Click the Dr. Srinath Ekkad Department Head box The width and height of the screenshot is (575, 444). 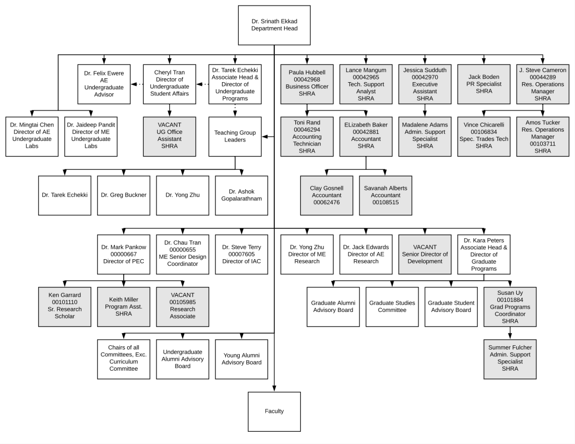point(274,26)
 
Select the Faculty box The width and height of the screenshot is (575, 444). point(274,411)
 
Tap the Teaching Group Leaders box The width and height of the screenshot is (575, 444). point(235,137)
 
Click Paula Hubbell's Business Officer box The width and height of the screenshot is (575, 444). point(307,84)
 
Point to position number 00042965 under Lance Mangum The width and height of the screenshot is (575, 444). point(366,77)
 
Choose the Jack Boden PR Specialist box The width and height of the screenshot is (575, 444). point(483,84)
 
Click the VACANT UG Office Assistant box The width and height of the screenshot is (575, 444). point(169,137)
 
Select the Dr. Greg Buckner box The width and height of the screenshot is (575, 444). point(124,195)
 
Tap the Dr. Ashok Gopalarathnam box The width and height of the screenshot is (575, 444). point(241,195)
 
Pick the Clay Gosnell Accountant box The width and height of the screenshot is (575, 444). point(327,195)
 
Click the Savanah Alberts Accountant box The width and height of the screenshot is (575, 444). point(385,195)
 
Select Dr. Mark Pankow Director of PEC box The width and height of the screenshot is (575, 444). point(124,254)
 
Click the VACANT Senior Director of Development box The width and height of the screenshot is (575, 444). point(425,254)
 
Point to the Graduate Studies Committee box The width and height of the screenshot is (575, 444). point(392,307)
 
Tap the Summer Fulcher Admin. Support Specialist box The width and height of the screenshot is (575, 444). point(510,359)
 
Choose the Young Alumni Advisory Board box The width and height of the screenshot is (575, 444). point(241,359)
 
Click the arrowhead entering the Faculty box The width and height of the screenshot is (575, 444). point(274,389)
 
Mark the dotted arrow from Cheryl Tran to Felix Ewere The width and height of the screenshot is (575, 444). point(137,84)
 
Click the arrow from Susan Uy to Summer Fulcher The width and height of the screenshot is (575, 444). point(510,333)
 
